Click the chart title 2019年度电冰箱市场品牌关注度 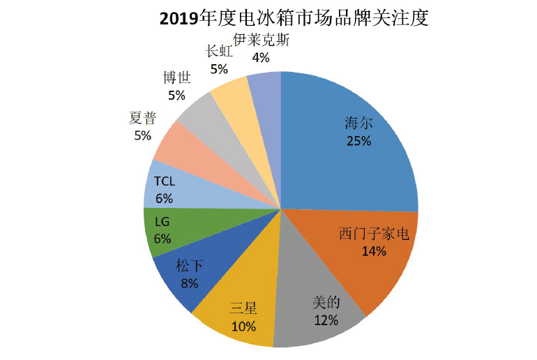tap(293, 17)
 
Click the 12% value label tap(326, 320)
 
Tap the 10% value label tap(243, 326)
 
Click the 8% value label tap(189, 283)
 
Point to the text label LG tap(162, 222)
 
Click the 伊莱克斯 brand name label tap(261, 40)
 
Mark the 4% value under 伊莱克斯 tap(260, 57)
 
